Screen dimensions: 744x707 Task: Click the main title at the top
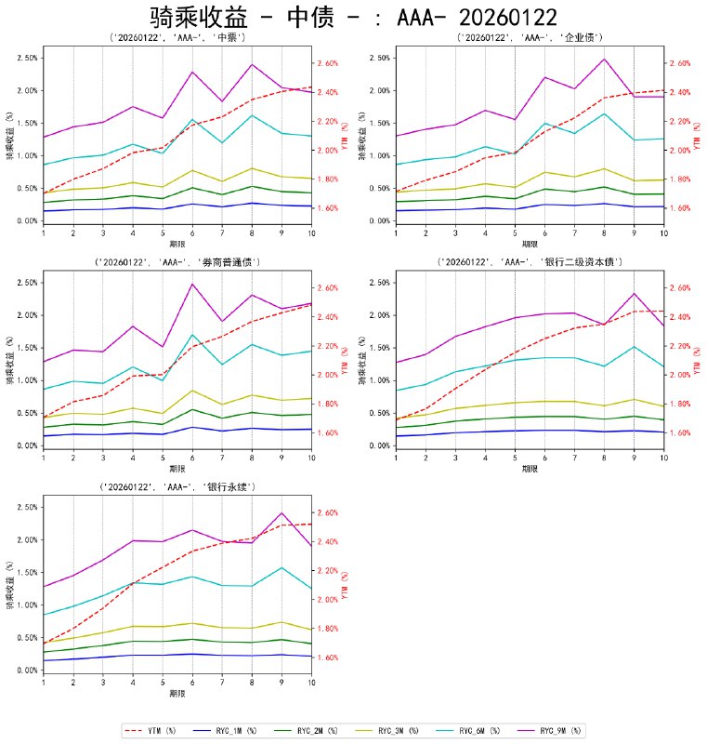pyautogui.click(x=353, y=17)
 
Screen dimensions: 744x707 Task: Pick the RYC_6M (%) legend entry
pyautogui.click(x=478, y=730)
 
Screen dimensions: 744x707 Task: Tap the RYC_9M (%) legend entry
pyautogui.click(x=557, y=730)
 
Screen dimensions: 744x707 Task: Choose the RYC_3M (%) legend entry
pyautogui.click(x=399, y=730)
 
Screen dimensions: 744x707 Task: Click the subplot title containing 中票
pyautogui.click(x=177, y=38)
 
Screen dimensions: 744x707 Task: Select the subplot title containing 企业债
pyautogui.click(x=530, y=38)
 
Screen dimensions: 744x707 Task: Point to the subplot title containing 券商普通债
pyautogui.click(x=177, y=263)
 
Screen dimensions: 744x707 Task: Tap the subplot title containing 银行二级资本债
pyautogui.click(x=530, y=263)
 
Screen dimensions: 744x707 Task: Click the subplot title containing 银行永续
pyautogui.click(x=177, y=487)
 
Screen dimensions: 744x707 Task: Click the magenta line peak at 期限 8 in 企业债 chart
pyautogui.click(x=604, y=60)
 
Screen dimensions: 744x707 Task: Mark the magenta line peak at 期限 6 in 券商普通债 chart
pyautogui.click(x=191, y=284)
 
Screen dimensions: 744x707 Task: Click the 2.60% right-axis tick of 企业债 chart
pyautogui.click(x=679, y=63)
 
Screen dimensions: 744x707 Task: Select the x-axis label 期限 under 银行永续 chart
pyautogui.click(x=177, y=693)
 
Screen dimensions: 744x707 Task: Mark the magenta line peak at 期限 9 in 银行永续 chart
pyautogui.click(x=281, y=512)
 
